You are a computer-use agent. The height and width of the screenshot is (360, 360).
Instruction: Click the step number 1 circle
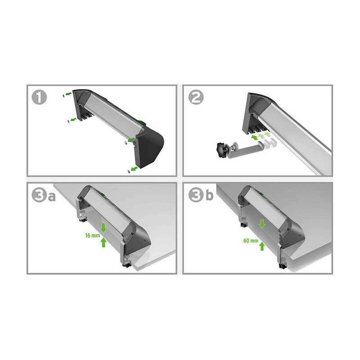pyautogui.click(x=39, y=97)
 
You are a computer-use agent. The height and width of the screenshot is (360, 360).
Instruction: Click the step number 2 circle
pyautogui.click(x=196, y=97)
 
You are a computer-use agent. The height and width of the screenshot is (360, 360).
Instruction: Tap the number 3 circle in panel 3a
pyautogui.click(x=39, y=195)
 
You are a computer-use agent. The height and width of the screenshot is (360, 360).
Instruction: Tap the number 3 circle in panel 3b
pyautogui.click(x=196, y=195)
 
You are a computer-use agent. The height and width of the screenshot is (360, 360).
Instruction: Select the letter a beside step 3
pyautogui.click(x=52, y=197)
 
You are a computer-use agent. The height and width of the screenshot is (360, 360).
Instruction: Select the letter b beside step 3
pyautogui.click(x=209, y=195)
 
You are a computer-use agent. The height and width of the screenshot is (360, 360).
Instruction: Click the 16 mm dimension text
pyautogui.click(x=93, y=235)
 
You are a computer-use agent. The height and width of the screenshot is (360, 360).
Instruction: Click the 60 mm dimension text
pyautogui.click(x=251, y=241)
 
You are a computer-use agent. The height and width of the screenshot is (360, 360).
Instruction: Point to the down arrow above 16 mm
pyautogui.click(x=103, y=228)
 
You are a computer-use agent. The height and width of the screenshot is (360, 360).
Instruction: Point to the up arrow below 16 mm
pyautogui.click(x=103, y=242)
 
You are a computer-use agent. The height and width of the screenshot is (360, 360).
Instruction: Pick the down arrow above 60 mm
pyautogui.click(x=262, y=224)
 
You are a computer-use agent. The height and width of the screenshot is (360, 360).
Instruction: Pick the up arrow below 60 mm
pyautogui.click(x=262, y=246)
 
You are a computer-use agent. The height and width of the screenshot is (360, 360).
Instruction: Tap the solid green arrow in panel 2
pyautogui.click(x=254, y=138)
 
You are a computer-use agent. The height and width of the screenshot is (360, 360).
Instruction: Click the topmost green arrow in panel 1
pyautogui.click(x=68, y=94)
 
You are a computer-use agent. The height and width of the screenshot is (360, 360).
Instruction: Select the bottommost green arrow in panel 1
pyautogui.click(x=134, y=169)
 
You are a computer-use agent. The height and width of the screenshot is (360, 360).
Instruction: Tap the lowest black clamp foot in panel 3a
pyautogui.click(x=126, y=265)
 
